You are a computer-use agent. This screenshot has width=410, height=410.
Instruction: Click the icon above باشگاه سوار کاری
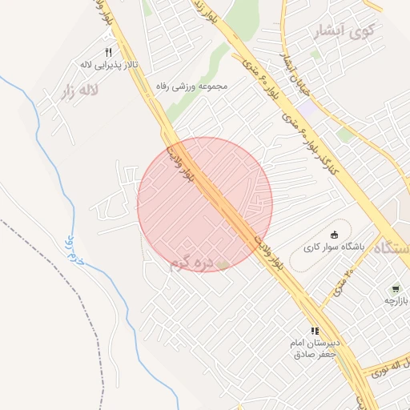tap(335, 234)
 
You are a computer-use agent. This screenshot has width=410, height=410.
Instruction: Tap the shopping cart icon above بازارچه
tap(396, 288)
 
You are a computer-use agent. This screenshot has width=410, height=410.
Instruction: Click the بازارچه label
tap(396, 300)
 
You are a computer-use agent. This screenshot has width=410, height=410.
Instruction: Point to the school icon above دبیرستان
tap(316, 330)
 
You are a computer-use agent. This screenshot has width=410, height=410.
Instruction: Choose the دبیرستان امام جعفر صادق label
tap(316, 348)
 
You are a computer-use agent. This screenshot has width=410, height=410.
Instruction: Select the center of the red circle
tap(205, 204)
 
